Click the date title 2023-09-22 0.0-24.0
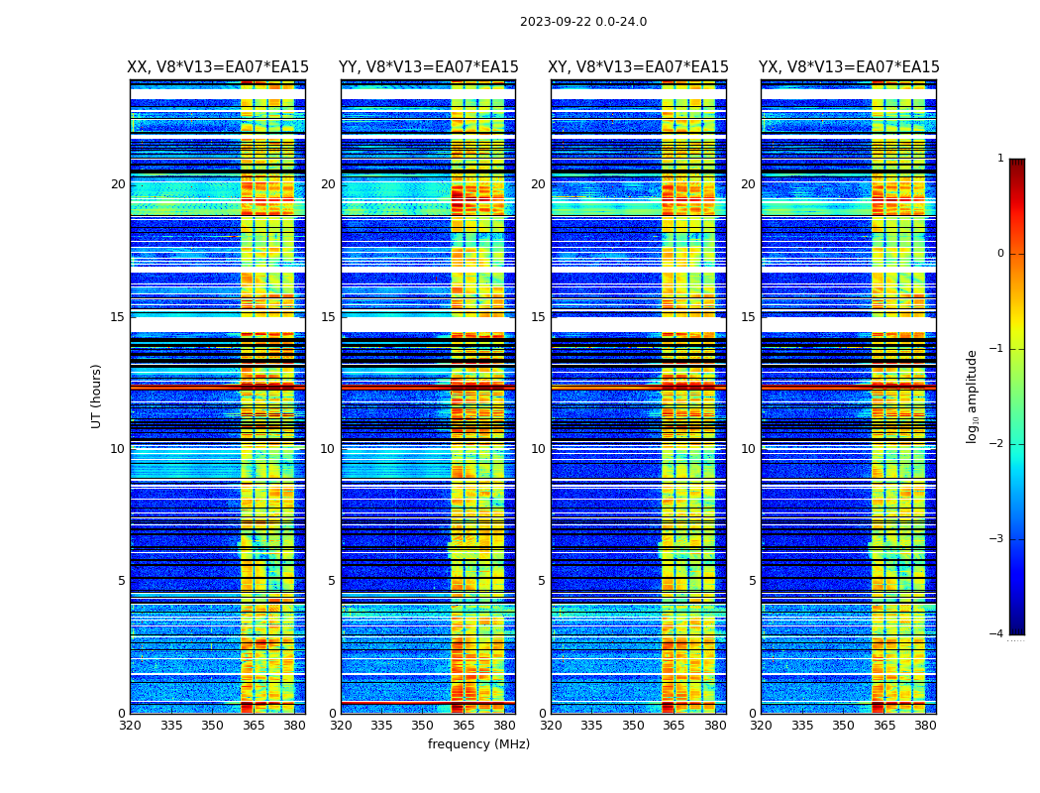point(582,22)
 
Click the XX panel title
point(218,67)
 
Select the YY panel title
point(428,67)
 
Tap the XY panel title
point(638,67)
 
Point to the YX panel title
point(849,67)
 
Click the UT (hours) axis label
point(97,396)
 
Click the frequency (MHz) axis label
point(478,744)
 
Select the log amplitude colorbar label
point(973,396)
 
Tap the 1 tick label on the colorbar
point(1000,159)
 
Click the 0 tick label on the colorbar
point(1000,254)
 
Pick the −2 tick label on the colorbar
point(997,444)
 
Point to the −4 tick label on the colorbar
point(997,634)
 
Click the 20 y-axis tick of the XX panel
point(118,184)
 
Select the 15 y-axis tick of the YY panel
point(328,317)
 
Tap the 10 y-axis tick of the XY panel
point(538,449)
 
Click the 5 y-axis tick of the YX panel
point(752,581)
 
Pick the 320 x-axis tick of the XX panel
point(130,726)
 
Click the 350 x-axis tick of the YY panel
point(423,726)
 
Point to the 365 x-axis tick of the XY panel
point(675,726)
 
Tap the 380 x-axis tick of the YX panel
point(925,726)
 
